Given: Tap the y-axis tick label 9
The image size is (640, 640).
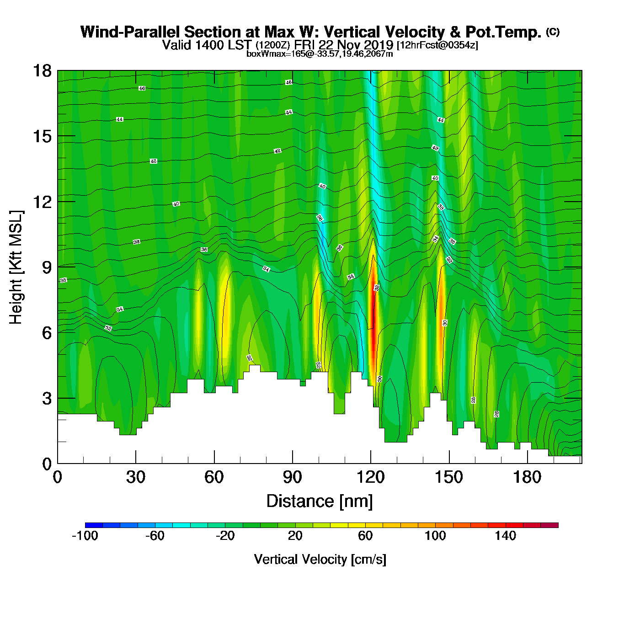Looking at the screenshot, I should click(x=47, y=267).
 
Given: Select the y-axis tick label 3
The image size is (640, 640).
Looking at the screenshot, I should click(x=47, y=398).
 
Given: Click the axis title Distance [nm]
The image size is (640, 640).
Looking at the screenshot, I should click(x=320, y=501).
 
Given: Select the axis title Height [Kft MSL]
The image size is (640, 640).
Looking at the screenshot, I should click(x=16, y=267).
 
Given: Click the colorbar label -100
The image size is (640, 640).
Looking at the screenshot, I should click(x=85, y=536).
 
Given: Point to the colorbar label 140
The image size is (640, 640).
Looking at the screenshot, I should click(x=505, y=536).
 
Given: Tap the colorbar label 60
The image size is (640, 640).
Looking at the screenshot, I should click(x=365, y=536).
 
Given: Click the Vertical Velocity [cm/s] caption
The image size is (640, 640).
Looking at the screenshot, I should click(x=320, y=560).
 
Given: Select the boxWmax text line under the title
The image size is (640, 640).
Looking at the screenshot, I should click(x=320, y=54).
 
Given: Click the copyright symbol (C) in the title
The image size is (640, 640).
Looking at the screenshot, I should click(x=553, y=32).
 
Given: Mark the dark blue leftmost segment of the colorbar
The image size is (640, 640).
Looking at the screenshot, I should click(x=94, y=525).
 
